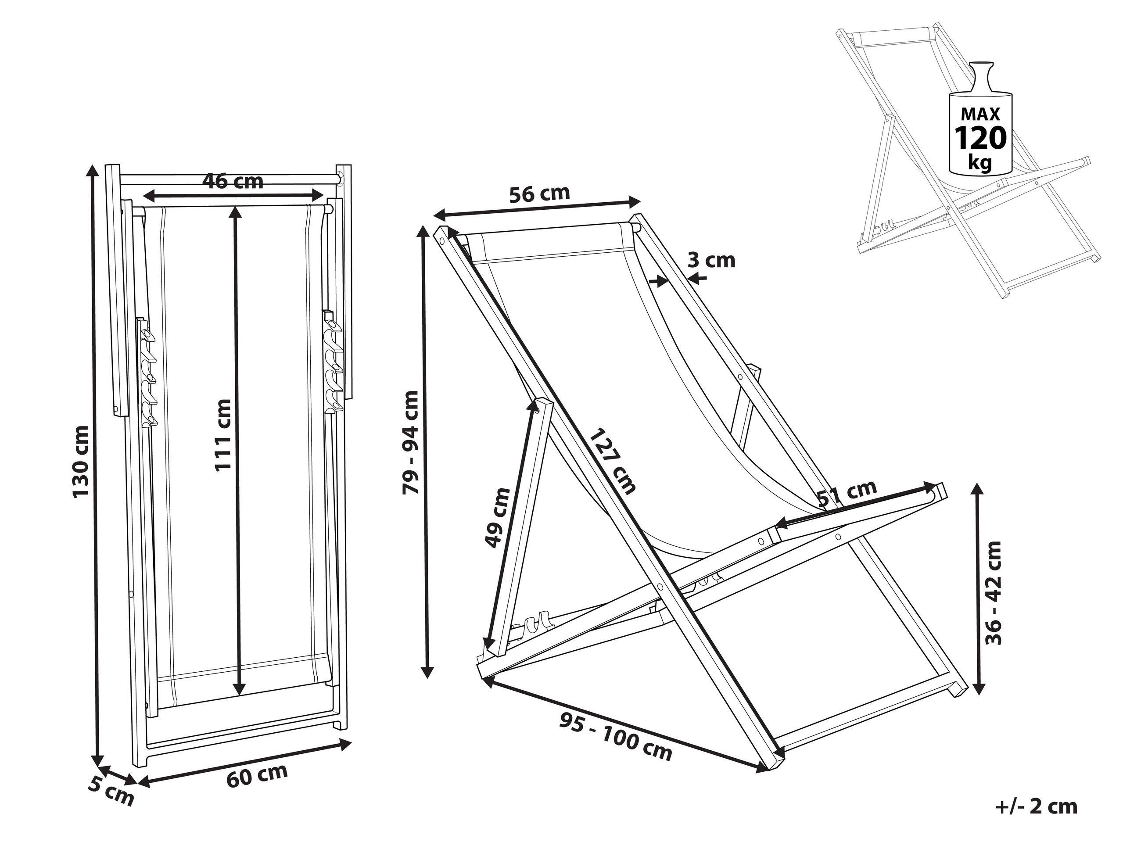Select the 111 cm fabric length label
223,435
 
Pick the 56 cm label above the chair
540,194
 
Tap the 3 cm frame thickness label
711,260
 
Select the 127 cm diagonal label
613,461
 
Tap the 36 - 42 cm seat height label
993,592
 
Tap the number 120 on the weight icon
980,137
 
